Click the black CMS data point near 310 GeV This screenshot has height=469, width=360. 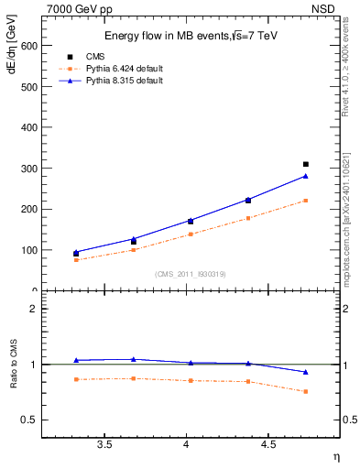pos(306,164)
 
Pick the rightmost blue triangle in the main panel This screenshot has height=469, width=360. pos(306,176)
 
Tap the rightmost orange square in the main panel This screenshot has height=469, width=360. pos(306,201)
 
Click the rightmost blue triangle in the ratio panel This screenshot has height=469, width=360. pos(306,372)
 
